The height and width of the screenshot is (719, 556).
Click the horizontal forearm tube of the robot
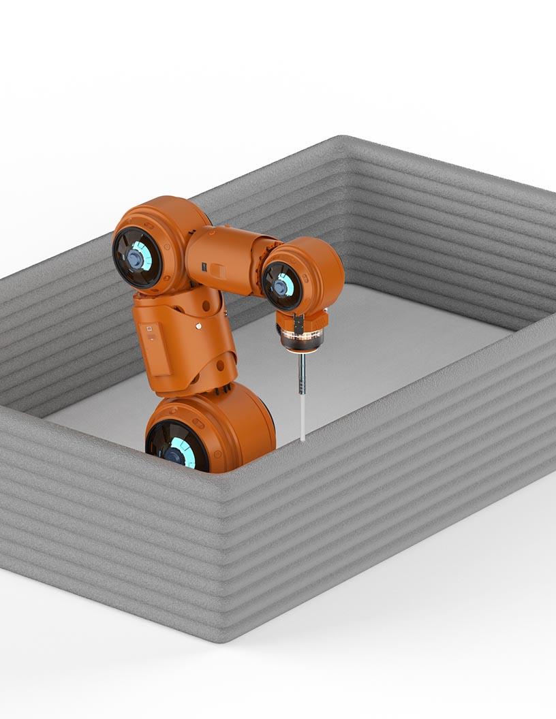coord(225,259)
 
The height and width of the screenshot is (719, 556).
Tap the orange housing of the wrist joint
coord(317,266)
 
